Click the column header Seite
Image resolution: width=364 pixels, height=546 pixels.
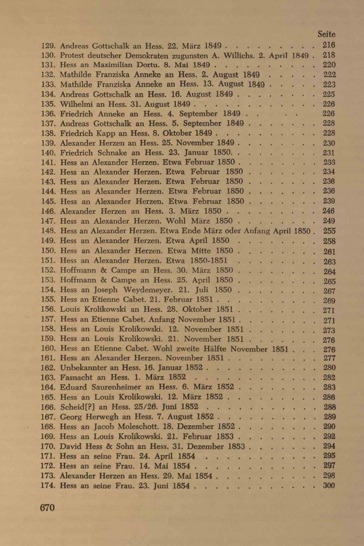click(326, 35)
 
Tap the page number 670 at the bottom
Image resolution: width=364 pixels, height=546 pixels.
click(48, 508)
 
